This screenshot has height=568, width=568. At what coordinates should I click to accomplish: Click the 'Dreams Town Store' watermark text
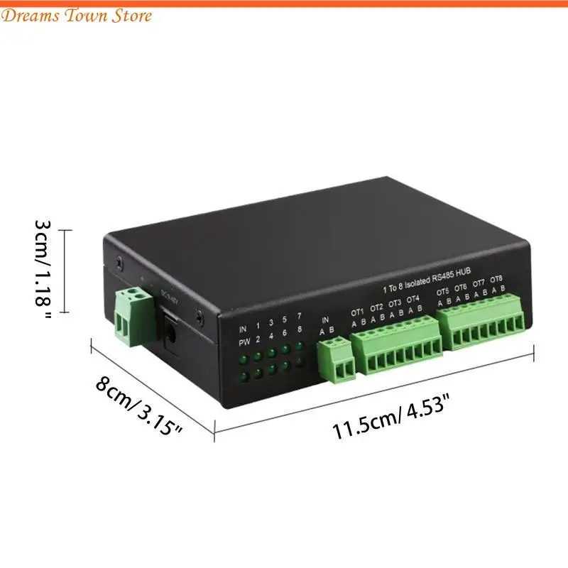tap(77, 16)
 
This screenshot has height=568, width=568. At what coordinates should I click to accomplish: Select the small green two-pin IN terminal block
tap(336, 361)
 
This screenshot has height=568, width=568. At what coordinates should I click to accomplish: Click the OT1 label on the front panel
tap(357, 311)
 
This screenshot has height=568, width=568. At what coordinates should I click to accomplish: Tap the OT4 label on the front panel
tap(413, 299)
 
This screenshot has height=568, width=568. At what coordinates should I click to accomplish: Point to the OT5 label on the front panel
tap(443, 292)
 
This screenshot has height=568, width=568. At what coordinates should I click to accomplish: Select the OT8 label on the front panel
tap(497, 279)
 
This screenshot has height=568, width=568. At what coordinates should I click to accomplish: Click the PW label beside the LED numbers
tap(243, 342)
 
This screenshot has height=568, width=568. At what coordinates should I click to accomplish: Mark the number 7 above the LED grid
tap(299, 315)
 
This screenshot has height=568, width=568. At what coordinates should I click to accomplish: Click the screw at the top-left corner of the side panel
tap(119, 261)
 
